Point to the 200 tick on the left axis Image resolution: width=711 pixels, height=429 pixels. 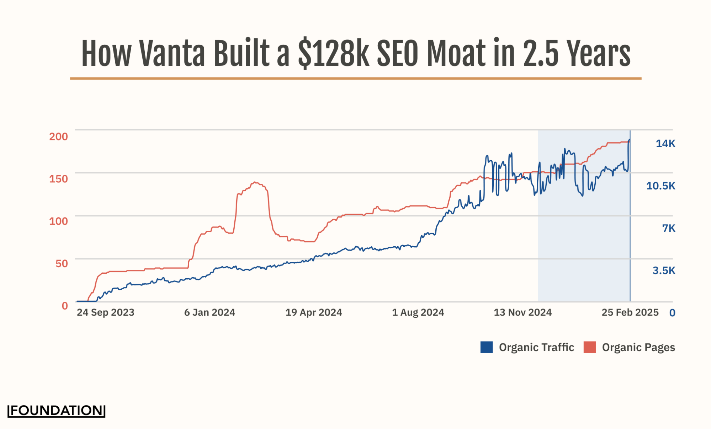[x=58, y=136]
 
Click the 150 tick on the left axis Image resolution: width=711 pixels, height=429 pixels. [x=58, y=179]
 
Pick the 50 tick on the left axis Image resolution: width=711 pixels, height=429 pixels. [x=62, y=263]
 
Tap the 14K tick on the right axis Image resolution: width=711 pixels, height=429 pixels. [x=665, y=144]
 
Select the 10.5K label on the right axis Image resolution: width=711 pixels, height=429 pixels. [x=660, y=186]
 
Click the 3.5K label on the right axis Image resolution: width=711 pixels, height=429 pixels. [x=663, y=271]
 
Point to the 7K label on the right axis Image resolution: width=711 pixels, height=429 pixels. [x=668, y=228]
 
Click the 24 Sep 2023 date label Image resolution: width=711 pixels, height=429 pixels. [x=106, y=312]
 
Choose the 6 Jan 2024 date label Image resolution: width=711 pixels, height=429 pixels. [x=209, y=312]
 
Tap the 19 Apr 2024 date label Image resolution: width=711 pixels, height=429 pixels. [x=313, y=312]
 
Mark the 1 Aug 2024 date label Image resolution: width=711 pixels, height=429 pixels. [x=418, y=312]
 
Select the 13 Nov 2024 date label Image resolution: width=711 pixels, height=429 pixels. [x=522, y=312]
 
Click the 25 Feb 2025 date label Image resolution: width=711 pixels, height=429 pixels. [x=630, y=312]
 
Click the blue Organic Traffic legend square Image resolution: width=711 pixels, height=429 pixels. [x=486, y=347]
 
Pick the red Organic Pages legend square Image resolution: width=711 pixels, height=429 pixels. [x=589, y=347]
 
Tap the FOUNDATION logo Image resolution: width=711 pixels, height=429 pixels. [x=57, y=411]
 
